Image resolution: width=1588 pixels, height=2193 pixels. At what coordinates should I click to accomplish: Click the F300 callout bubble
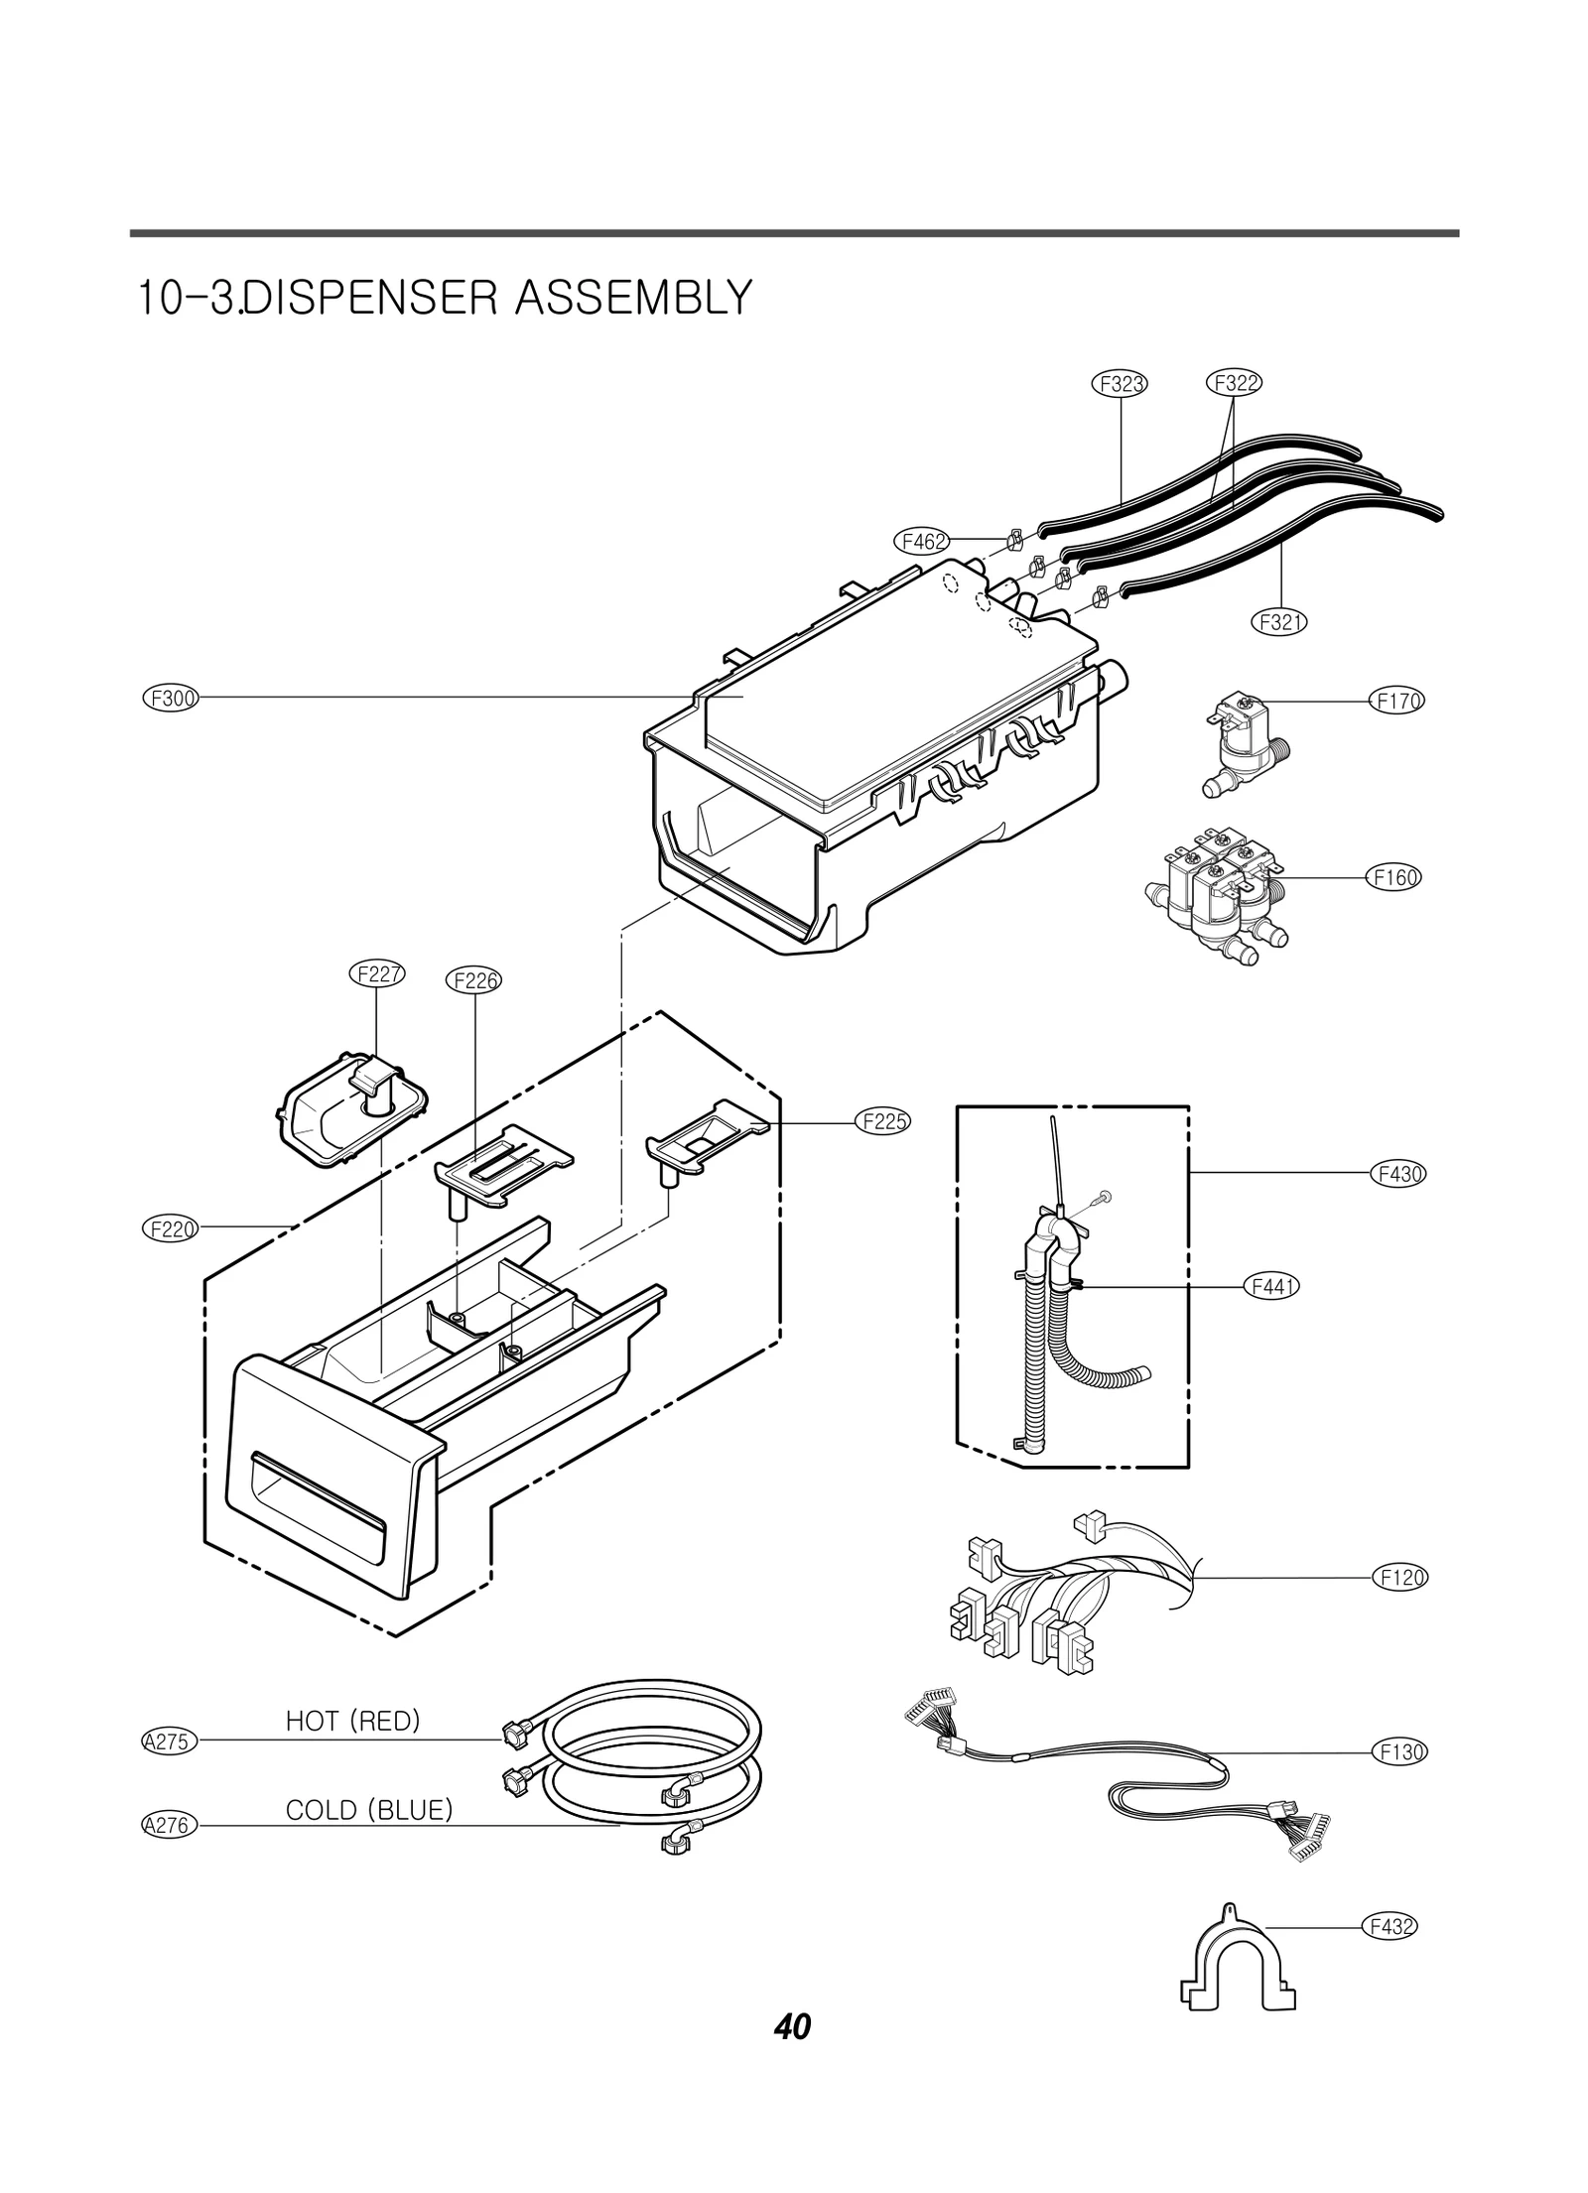[170, 698]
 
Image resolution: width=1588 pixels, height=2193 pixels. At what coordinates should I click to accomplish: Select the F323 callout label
[1122, 383]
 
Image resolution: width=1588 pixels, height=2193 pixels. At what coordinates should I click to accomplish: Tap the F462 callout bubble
[922, 541]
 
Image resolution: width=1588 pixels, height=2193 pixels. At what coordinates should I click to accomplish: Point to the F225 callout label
[882, 1122]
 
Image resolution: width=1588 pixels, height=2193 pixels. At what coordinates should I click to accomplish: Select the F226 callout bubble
[474, 980]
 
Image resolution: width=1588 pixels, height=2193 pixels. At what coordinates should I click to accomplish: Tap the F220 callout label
[170, 1228]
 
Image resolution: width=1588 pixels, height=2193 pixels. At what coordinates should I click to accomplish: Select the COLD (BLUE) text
[368, 1810]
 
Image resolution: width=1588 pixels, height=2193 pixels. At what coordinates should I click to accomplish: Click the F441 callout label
[1271, 1287]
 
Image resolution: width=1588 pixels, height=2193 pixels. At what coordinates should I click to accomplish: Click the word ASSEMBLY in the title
[632, 298]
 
